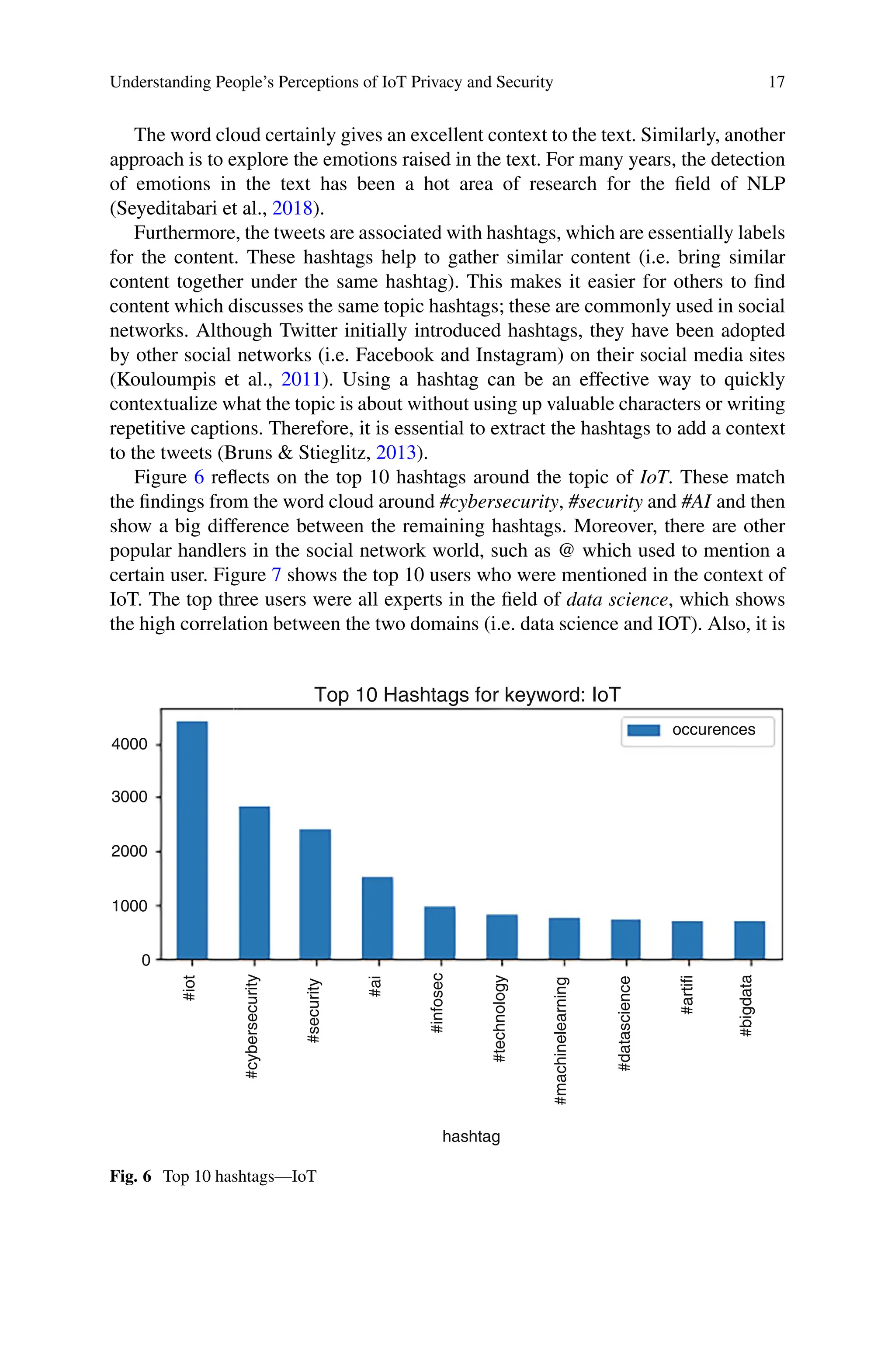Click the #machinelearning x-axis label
tap(561, 1040)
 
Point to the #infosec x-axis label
tap(437, 1003)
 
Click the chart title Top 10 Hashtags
tap(466, 694)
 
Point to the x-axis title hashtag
tap(471, 1136)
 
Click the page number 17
tap(776, 82)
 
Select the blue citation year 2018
tap(292, 208)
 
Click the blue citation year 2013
tap(396, 452)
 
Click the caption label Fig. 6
tap(131, 1176)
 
